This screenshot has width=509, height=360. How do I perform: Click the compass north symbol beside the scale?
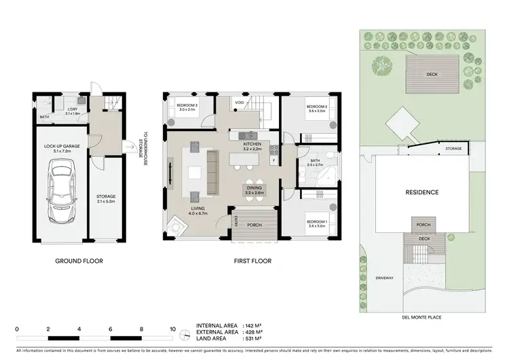click(185, 332)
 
